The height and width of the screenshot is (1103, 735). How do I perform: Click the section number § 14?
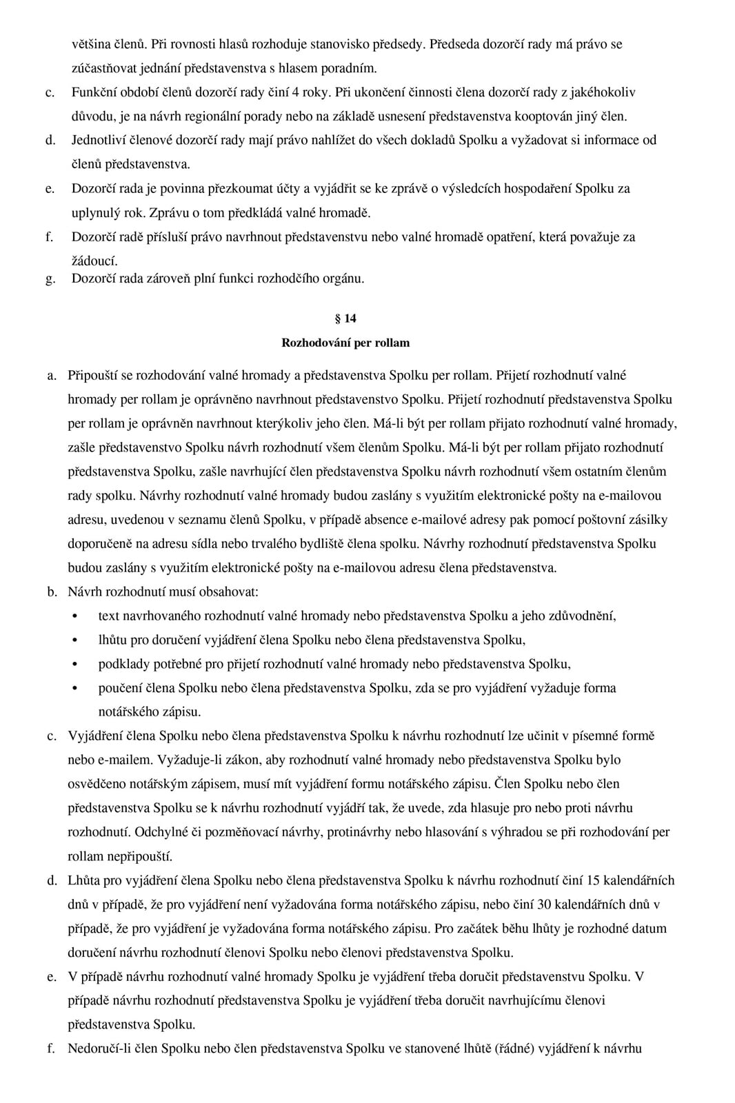345,318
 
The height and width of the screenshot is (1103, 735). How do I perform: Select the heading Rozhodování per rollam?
345,343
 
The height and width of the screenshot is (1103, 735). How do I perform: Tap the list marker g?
50,279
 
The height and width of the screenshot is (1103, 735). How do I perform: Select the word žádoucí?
94,261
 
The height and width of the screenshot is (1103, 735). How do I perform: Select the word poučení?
120,688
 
